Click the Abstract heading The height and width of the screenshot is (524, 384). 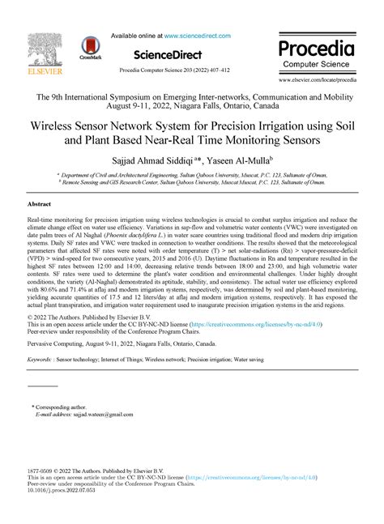(40, 204)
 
